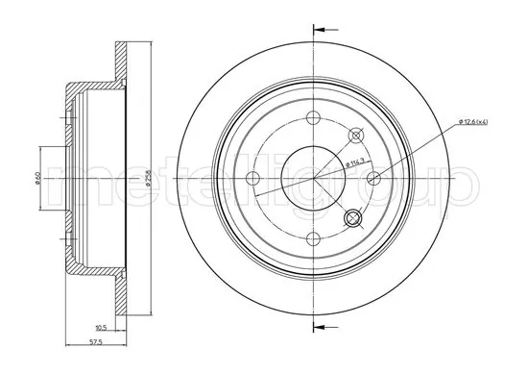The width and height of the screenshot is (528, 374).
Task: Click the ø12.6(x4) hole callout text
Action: point(475,122)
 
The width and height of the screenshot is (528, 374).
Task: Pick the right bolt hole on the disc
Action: point(375,177)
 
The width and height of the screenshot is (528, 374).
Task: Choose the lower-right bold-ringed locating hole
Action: point(355,218)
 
